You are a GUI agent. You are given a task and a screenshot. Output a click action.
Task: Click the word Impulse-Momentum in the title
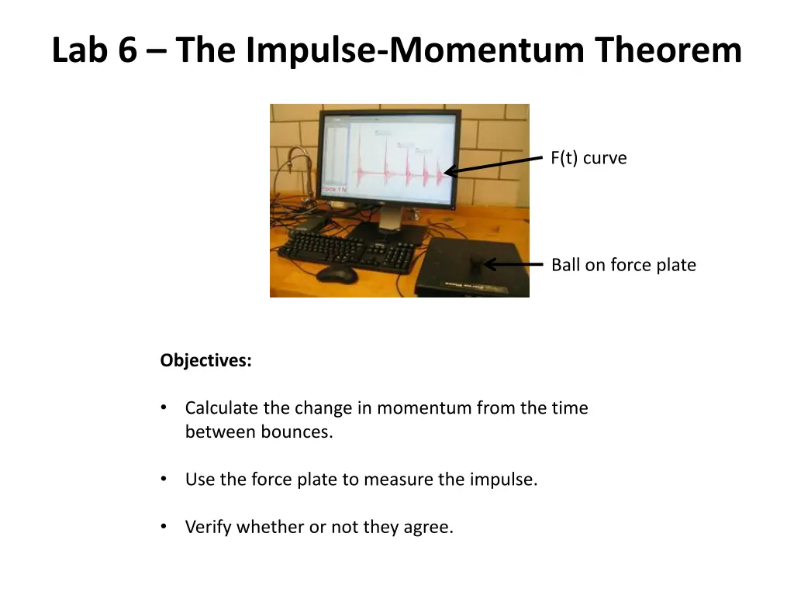tap(415, 51)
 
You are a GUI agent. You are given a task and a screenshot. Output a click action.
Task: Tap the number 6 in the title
tap(128, 50)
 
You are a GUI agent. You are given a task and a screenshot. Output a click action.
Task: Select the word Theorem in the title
tap(668, 50)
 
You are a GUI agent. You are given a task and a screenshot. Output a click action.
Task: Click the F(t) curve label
tap(589, 158)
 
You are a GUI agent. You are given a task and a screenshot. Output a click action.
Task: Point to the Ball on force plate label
tap(624, 265)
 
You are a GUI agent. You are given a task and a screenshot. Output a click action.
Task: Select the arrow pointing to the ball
tap(513, 264)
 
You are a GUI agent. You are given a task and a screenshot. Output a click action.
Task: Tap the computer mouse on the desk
tap(337, 273)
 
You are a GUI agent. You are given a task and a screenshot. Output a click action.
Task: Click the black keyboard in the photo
tap(349, 251)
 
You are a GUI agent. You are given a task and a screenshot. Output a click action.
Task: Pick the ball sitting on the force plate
tap(478, 263)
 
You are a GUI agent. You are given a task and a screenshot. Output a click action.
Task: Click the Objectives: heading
tap(205, 360)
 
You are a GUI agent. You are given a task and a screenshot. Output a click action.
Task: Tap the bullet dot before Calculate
tap(164, 408)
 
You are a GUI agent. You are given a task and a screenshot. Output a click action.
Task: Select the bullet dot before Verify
tap(164, 527)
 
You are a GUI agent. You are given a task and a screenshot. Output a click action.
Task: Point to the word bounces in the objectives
tap(296, 432)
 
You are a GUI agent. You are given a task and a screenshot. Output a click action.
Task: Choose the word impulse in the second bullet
tap(503, 479)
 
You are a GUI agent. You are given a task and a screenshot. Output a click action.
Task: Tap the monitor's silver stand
tap(391, 219)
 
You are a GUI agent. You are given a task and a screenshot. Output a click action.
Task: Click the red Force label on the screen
tap(334, 189)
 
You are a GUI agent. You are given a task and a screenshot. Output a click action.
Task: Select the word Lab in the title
tap(80, 50)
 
